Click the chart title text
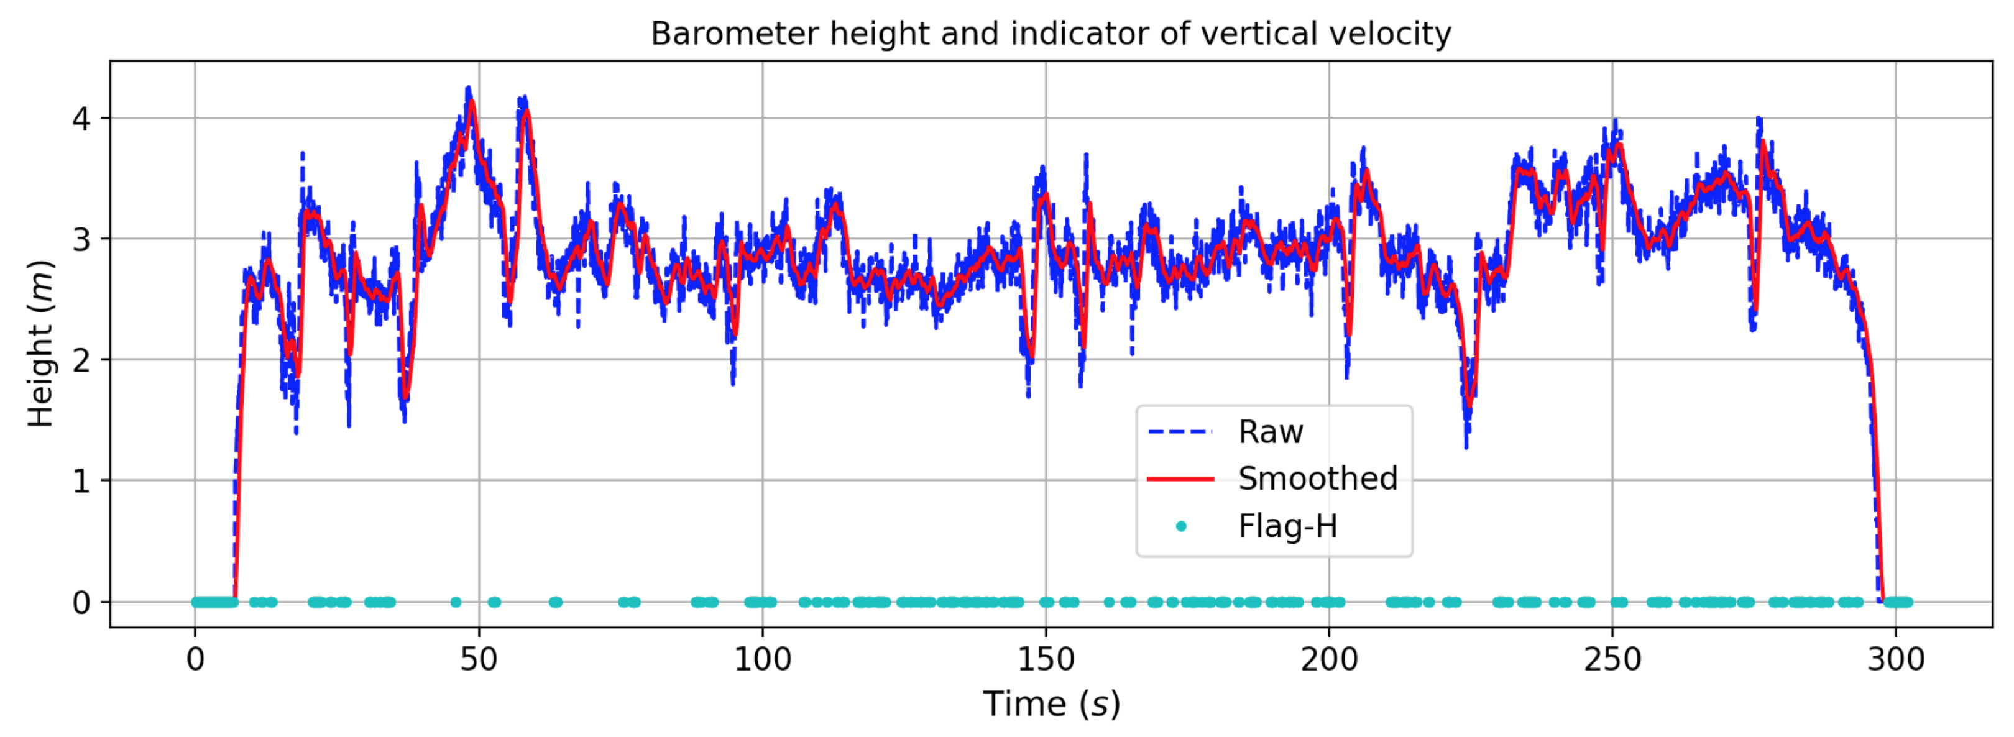(x=1050, y=34)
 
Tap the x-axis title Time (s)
(x=1051, y=704)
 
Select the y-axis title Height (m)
(x=40, y=344)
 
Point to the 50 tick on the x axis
(x=479, y=661)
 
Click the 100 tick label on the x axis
(x=762, y=661)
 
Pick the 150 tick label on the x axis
(x=1046, y=661)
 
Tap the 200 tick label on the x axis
(x=1329, y=661)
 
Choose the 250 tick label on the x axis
(x=1612, y=661)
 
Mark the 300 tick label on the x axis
(x=1895, y=661)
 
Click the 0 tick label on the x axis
(x=195, y=661)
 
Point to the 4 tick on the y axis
(x=82, y=119)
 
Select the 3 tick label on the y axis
(x=82, y=239)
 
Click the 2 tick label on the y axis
(x=82, y=360)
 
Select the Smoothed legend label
(x=1317, y=479)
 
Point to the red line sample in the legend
(x=1180, y=479)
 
